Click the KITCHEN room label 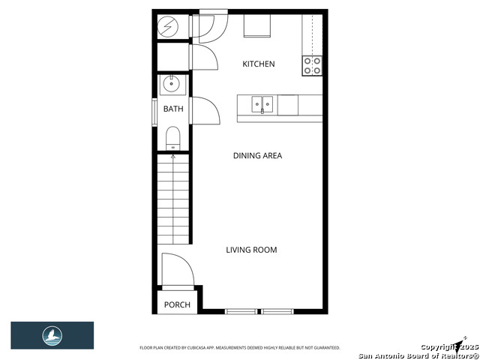[x=258, y=64]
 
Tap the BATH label [x=173, y=109]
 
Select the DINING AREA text [x=257, y=156]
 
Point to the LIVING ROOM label [x=251, y=250]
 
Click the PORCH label [x=177, y=305]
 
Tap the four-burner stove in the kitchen [x=313, y=66]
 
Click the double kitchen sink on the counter [x=262, y=103]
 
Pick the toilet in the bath [x=172, y=137]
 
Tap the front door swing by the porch [x=178, y=271]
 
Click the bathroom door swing [x=204, y=110]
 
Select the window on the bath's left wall [x=156, y=109]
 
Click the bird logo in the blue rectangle [x=52, y=335]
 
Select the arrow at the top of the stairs [x=173, y=157]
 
